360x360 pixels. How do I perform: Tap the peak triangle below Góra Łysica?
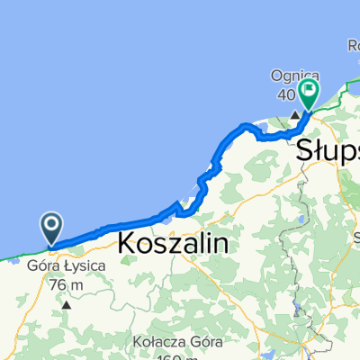coord(66,305)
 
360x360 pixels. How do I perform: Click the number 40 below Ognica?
coord(287,95)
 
